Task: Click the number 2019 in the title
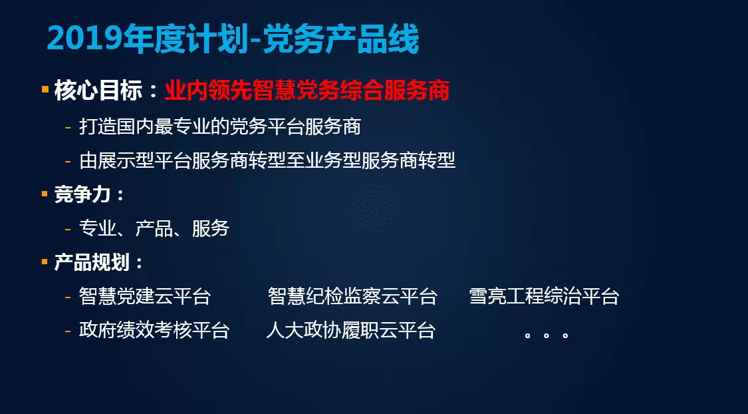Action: (x=84, y=39)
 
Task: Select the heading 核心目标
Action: (x=98, y=91)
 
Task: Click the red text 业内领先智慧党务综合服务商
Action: (x=307, y=91)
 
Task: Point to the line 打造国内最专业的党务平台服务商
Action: (x=220, y=127)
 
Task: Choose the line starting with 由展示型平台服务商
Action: (x=267, y=160)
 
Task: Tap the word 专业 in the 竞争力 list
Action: (x=98, y=228)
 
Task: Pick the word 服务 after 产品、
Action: (x=211, y=228)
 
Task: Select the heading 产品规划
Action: (x=92, y=262)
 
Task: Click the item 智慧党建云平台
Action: (x=144, y=296)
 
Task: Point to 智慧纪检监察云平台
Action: (x=352, y=296)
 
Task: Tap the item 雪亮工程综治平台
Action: (x=545, y=296)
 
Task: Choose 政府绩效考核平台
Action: (x=154, y=330)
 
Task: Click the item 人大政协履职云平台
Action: (x=350, y=330)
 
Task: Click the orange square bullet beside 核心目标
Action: (x=45, y=89)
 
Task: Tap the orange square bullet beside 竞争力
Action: (x=45, y=194)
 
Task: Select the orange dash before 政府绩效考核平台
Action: (x=68, y=330)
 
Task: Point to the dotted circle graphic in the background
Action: (x=374, y=210)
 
